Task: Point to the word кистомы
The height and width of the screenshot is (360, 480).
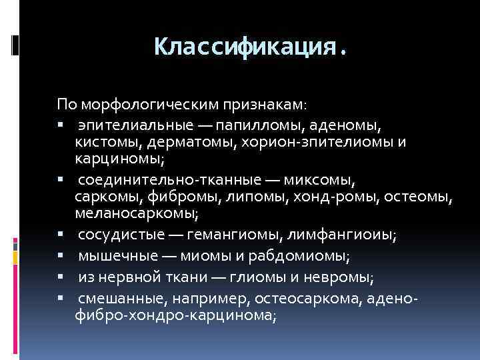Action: (x=101, y=142)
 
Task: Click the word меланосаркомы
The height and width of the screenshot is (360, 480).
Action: (x=136, y=215)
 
